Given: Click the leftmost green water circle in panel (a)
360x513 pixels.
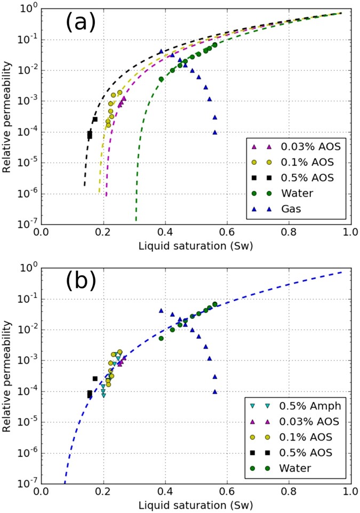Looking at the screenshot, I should pos(161,79).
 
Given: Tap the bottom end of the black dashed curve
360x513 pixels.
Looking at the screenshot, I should pos(84,186).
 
